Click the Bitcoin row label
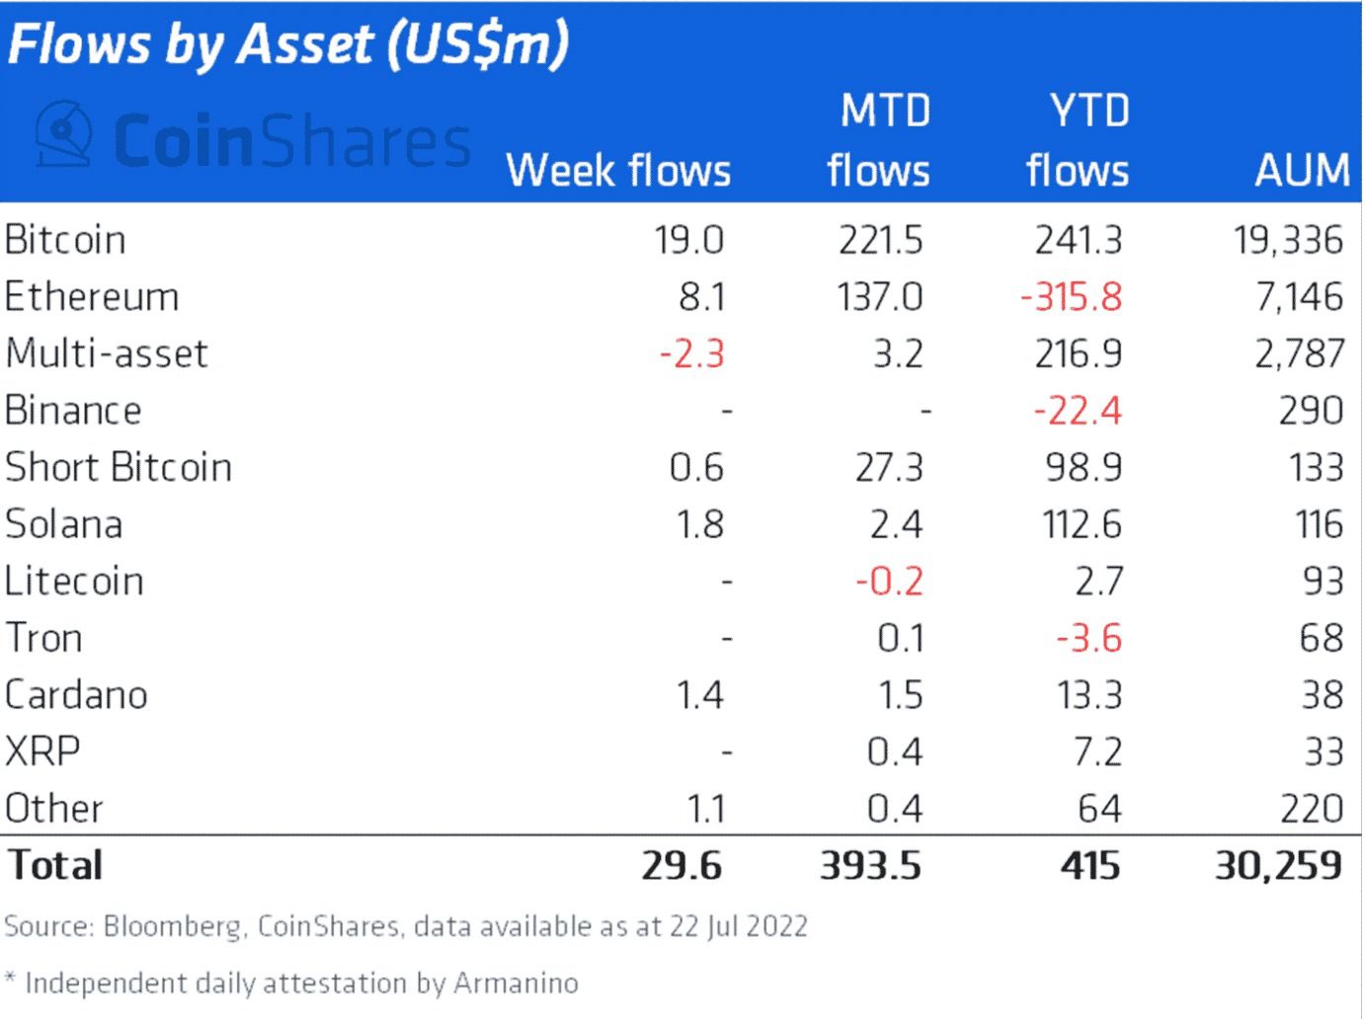(x=65, y=240)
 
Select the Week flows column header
(x=618, y=170)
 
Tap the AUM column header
(x=1302, y=170)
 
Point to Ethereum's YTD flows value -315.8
(x=1072, y=296)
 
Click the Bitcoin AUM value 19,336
(x=1288, y=240)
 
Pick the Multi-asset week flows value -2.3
(x=691, y=353)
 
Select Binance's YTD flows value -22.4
(x=1078, y=410)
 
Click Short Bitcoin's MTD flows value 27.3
(x=889, y=467)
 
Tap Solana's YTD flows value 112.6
(x=1082, y=524)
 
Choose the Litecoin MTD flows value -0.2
(x=889, y=581)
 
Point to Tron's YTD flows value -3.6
(x=1088, y=638)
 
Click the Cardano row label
(x=76, y=695)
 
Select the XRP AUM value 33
(x=1324, y=752)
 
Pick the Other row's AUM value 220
(x=1311, y=809)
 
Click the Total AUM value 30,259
(x=1278, y=866)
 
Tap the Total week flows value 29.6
(x=682, y=866)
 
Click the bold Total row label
(x=55, y=866)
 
